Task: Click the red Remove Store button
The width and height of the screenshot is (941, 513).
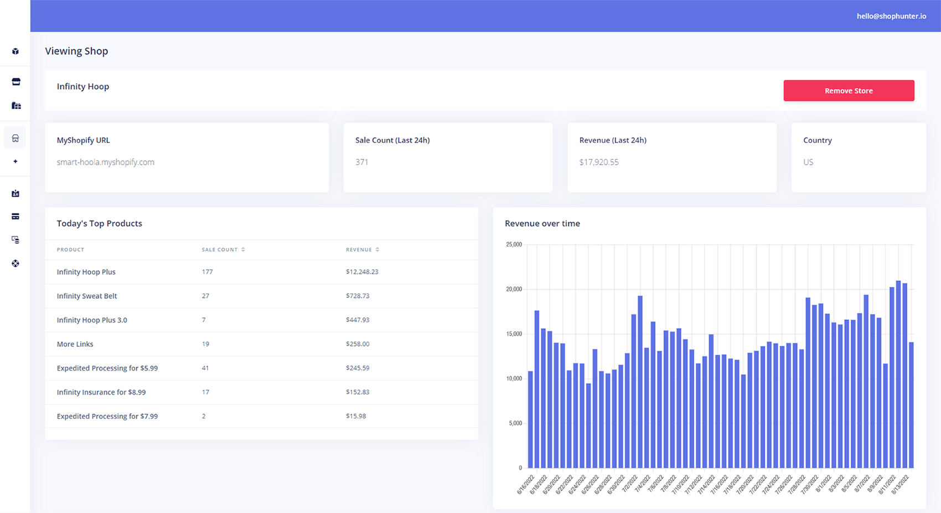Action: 849,91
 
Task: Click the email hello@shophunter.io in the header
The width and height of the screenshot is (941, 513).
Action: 891,16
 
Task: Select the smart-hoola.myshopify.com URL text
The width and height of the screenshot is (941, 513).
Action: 105,162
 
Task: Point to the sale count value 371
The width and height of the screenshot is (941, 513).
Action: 362,162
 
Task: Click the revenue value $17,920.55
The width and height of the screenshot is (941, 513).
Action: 599,162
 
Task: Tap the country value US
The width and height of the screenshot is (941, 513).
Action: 808,162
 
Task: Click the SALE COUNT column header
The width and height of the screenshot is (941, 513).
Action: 220,250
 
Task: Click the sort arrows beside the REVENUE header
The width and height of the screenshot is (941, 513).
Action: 378,250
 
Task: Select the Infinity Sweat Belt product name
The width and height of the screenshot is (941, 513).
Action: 87,296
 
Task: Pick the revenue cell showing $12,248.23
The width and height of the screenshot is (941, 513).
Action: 362,272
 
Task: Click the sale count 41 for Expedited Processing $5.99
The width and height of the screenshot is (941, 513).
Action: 205,368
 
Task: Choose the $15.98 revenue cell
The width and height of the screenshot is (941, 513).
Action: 356,416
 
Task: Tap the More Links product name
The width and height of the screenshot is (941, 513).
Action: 75,344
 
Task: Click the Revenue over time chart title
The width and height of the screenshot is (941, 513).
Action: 542,224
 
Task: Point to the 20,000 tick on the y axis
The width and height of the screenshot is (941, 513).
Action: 514,289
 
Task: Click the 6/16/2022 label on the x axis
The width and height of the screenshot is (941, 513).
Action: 526,484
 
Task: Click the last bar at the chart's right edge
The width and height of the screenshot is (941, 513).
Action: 911,405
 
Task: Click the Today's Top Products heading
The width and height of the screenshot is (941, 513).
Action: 100,224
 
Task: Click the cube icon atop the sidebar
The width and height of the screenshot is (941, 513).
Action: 15,52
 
